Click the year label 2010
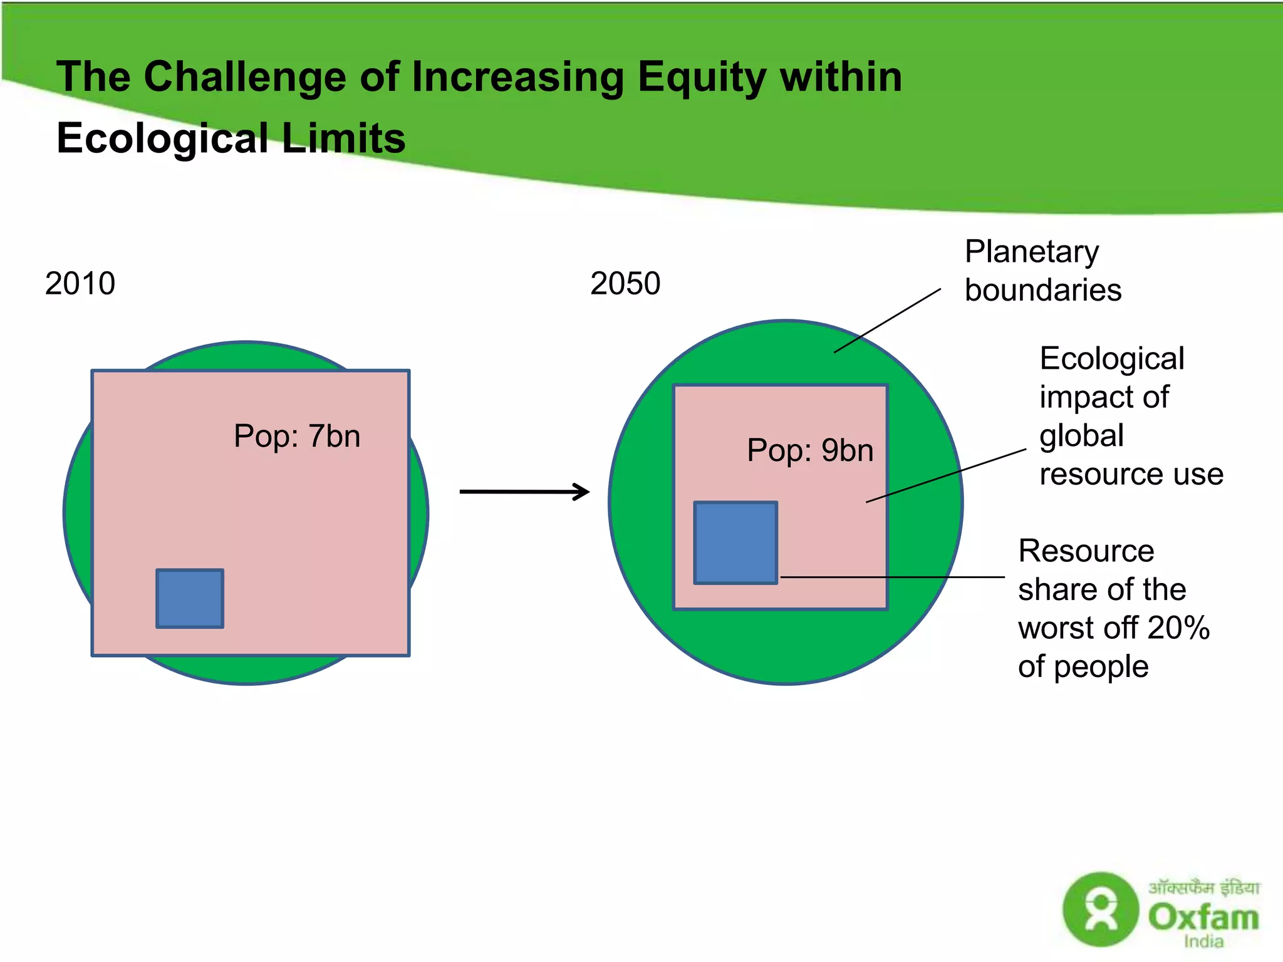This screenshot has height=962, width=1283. pos(80,284)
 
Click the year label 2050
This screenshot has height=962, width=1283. pos(625,284)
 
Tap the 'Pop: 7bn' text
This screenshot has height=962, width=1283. pos(297,436)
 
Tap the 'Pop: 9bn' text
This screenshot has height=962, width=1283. pos(810,450)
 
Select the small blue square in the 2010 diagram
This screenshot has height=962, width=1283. pos(190,598)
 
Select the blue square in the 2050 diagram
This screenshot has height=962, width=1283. pos(735,543)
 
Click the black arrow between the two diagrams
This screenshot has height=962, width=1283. pos(524,492)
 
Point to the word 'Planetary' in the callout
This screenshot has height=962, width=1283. pos(1031,252)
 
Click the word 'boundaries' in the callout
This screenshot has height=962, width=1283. pos(1042,290)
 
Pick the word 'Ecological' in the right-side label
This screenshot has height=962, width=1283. pos(1112,359)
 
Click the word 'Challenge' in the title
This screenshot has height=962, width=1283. pos(244,77)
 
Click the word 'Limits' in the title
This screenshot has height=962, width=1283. pos(343,138)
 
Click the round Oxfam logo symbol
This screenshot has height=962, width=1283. pos(1101,909)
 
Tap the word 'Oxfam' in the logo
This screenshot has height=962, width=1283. pos(1203,918)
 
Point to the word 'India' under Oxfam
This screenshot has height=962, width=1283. pos(1203,942)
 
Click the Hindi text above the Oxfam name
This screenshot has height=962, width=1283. pos(1203,887)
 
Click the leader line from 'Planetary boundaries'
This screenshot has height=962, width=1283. pos(887,321)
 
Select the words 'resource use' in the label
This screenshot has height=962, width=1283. pos(1131,474)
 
